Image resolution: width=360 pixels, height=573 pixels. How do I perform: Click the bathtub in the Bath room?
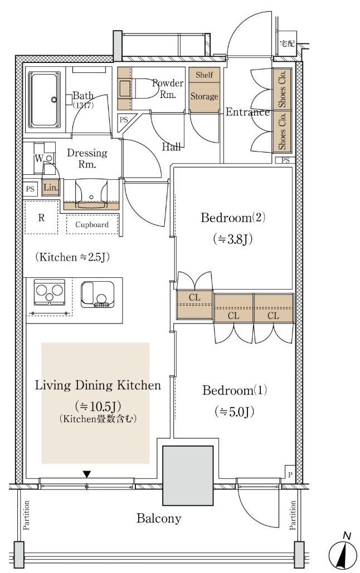(44, 100)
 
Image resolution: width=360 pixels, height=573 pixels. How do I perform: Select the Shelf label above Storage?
(204, 75)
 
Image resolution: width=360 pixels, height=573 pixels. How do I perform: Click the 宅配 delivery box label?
(287, 43)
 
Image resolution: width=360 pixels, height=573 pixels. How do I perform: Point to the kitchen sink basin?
(98, 294)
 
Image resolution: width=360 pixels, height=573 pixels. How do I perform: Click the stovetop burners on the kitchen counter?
(50, 292)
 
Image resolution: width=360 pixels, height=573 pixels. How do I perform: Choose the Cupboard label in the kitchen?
(92, 224)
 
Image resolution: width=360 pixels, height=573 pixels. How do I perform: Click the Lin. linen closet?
(51, 188)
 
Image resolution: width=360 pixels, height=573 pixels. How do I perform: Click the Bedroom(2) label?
(233, 218)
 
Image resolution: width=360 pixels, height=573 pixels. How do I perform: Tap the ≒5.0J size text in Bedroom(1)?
(234, 412)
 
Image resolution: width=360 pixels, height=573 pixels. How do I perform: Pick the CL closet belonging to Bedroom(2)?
(194, 305)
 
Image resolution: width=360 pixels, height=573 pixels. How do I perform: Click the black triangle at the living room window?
(86, 474)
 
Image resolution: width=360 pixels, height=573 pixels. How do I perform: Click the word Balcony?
(159, 518)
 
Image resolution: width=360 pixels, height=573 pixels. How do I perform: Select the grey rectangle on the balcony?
(188, 476)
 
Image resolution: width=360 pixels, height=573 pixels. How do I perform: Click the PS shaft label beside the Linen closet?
(30, 189)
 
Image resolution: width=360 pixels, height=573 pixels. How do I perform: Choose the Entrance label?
(247, 112)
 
